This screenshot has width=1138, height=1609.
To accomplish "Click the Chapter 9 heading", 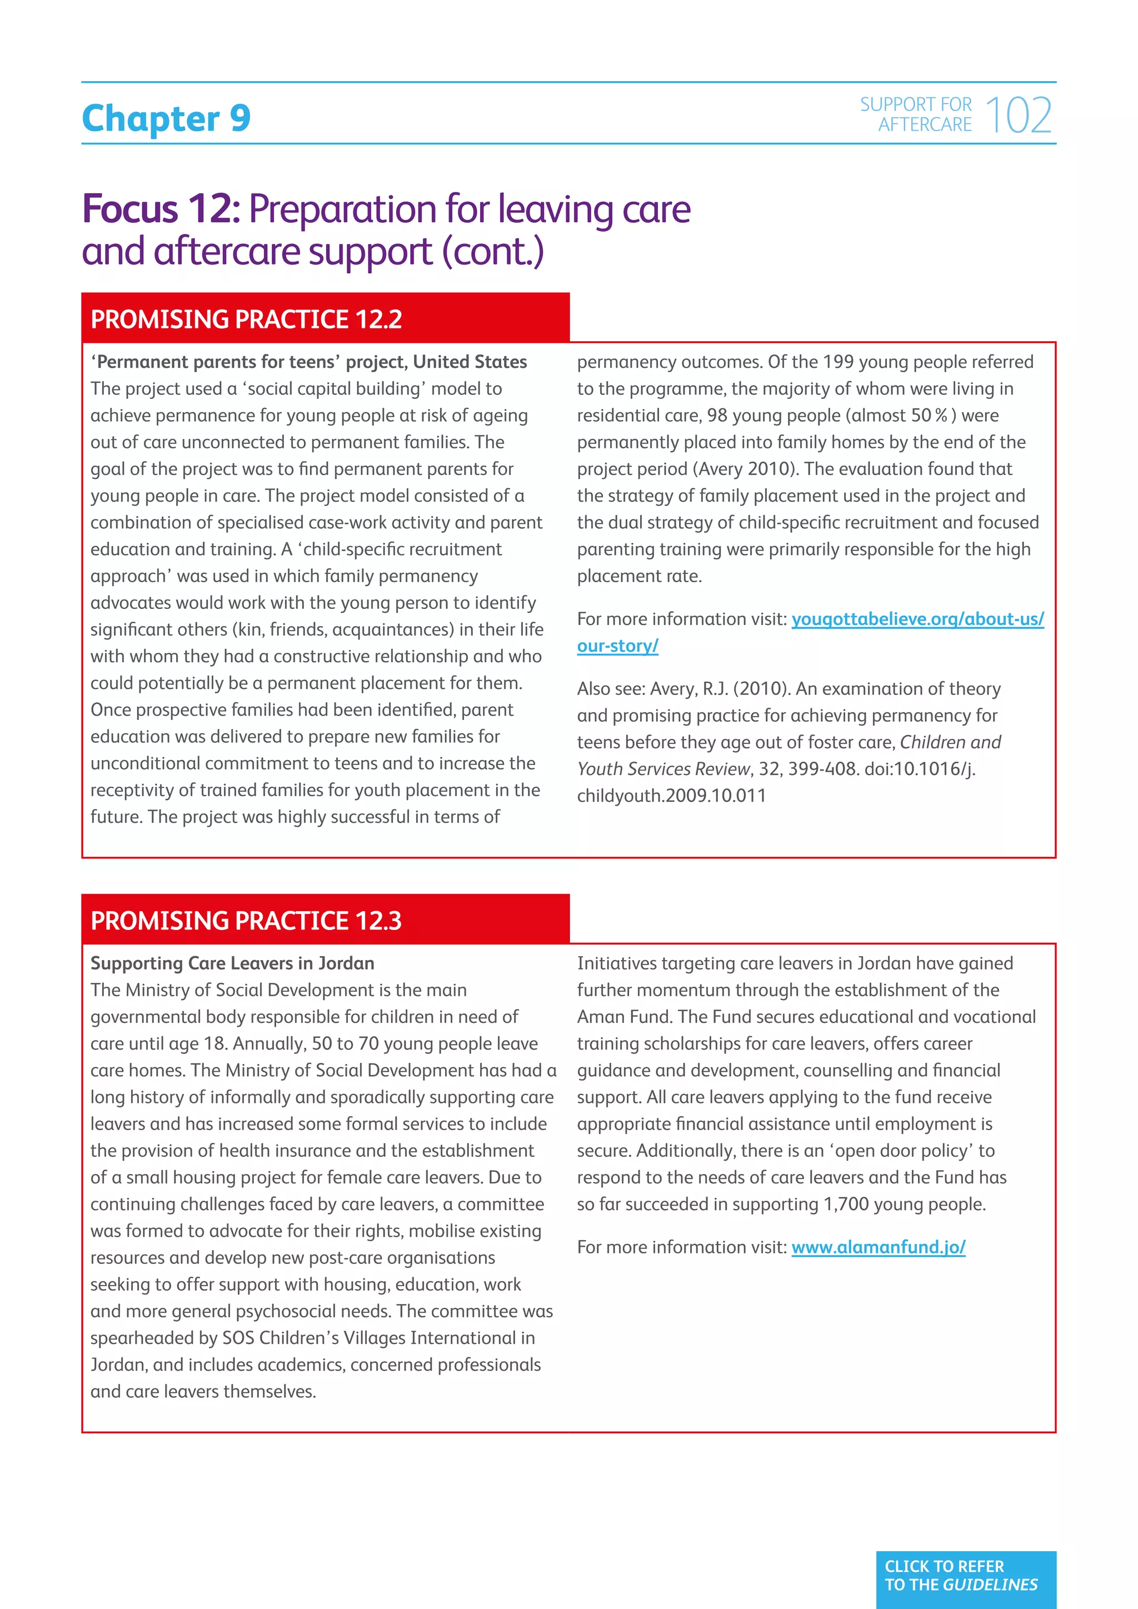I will pyautogui.click(x=166, y=118).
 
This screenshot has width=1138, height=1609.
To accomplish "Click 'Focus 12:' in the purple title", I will pyautogui.click(x=161, y=209).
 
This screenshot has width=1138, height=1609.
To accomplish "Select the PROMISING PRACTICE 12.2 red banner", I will pyautogui.click(x=325, y=319).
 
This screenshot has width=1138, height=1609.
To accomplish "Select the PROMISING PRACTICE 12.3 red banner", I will pyautogui.click(x=325, y=920).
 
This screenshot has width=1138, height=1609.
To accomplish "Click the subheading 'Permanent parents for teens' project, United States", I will pyautogui.click(x=308, y=362).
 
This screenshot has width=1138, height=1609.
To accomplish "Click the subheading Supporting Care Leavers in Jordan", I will pyautogui.click(x=232, y=963).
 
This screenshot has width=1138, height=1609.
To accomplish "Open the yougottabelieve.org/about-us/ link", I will pyautogui.click(x=917, y=619).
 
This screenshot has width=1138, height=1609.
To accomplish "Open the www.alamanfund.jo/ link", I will pyautogui.click(x=878, y=1247).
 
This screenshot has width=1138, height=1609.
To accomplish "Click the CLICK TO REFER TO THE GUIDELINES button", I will pyautogui.click(x=965, y=1575).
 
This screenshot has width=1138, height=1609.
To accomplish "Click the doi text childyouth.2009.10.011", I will pyautogui.click(x=671, y=796).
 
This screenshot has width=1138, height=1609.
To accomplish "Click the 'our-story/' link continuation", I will pyautogui.click(x=617, y=646).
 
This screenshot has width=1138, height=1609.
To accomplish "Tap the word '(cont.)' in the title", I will pyautogui.click(x=493, y=252).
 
